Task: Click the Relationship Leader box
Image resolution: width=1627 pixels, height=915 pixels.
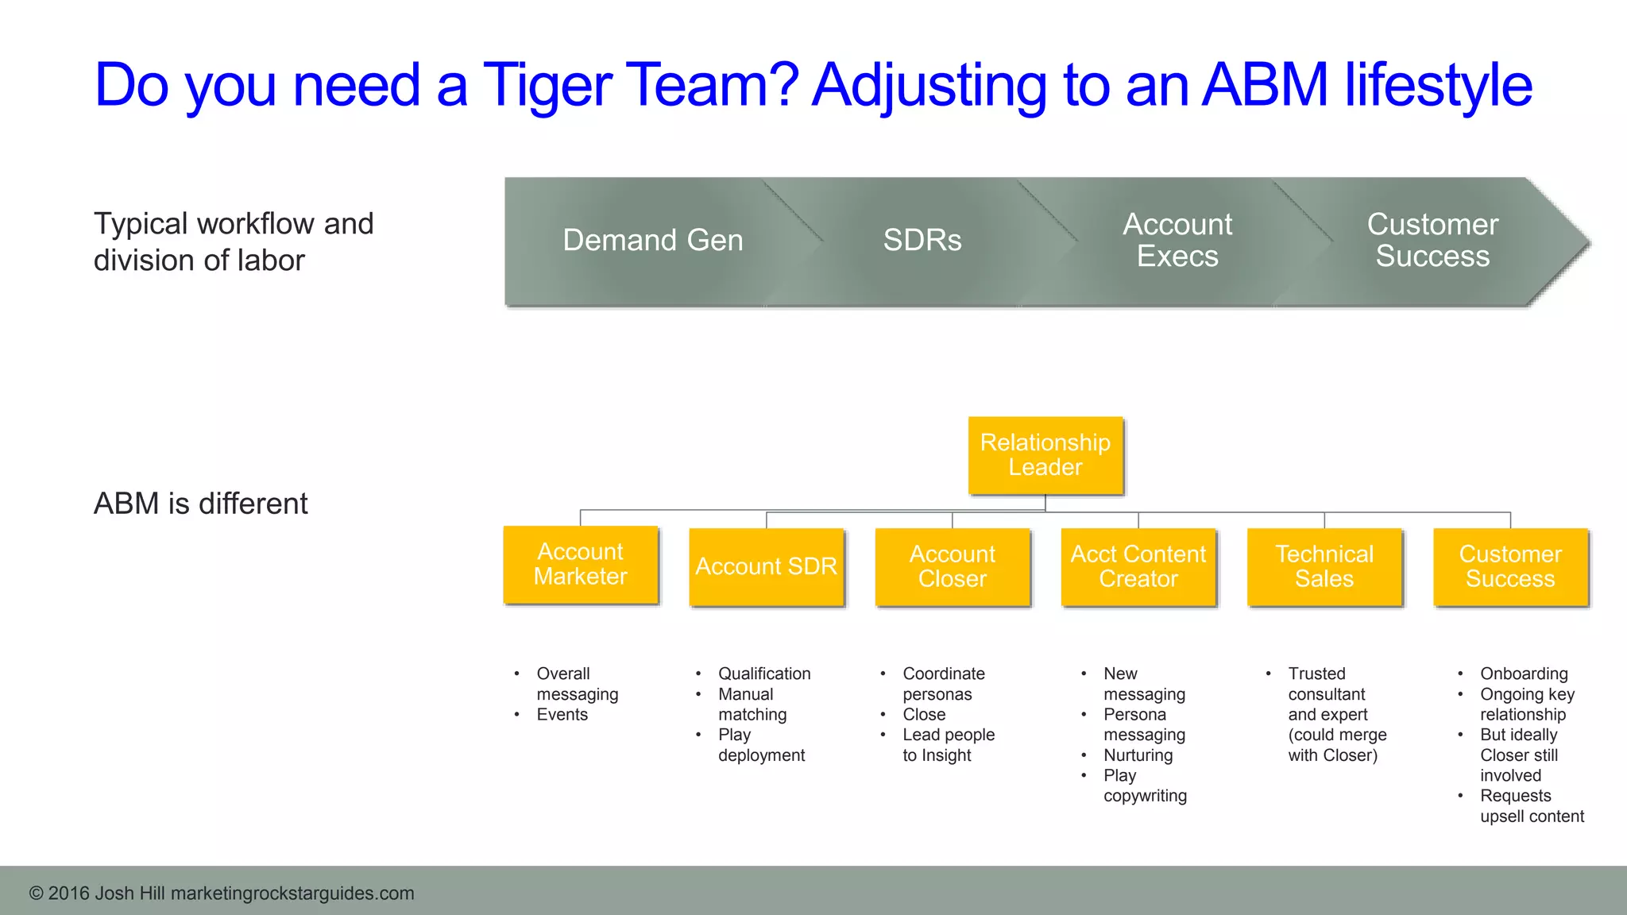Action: tap(1045, 455)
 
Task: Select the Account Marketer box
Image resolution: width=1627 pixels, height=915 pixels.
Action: tap(581, 564)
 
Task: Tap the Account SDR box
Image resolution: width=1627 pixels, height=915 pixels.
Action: tap(766, 566)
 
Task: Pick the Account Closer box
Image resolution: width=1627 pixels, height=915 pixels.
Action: tap(952, 566)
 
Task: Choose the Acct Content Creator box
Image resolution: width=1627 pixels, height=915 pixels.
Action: tap(1138, 566)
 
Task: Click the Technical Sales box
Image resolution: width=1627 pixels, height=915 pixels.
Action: tap(1324, 566)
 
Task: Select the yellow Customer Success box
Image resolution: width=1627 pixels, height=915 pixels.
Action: tap(1509, 566)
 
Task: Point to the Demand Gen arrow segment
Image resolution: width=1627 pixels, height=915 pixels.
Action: tap(652, 241)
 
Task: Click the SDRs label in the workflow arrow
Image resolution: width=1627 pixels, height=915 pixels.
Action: tap(922, 241)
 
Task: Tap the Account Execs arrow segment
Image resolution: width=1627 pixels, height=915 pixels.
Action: tap(1177, 241)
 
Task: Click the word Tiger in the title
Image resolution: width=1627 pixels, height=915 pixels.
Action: tap(547, 86)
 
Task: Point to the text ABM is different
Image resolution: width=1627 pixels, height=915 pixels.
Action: tap(200, 504)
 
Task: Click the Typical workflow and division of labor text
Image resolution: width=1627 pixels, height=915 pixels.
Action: tap(233, 241)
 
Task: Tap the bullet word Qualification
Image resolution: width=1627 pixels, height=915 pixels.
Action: tap(763, 674)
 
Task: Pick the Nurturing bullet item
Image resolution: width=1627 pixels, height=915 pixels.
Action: tap(1137, 755)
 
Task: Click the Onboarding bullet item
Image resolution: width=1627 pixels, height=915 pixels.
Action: tap(1523, 674)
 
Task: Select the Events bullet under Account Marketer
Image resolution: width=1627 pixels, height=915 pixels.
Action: tap(562, 715)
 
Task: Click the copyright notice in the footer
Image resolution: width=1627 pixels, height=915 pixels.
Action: tap(222, 893)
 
